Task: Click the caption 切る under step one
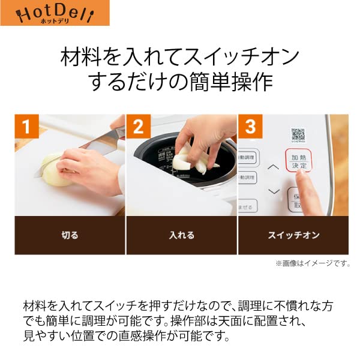pyautogui.click(x=70, y=235)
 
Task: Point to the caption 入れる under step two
pyautogui.click(x=181, y=235)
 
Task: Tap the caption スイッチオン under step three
pyautogui.click(x=293, y=235)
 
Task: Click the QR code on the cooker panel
pyautogui.click(x=299, y=134)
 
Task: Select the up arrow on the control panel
pyautogui.click(x=274, y=167)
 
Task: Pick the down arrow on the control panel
pyautogui.click(x=274, y=191)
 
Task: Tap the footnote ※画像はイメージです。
pyautogui.click(x=312, y=263)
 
